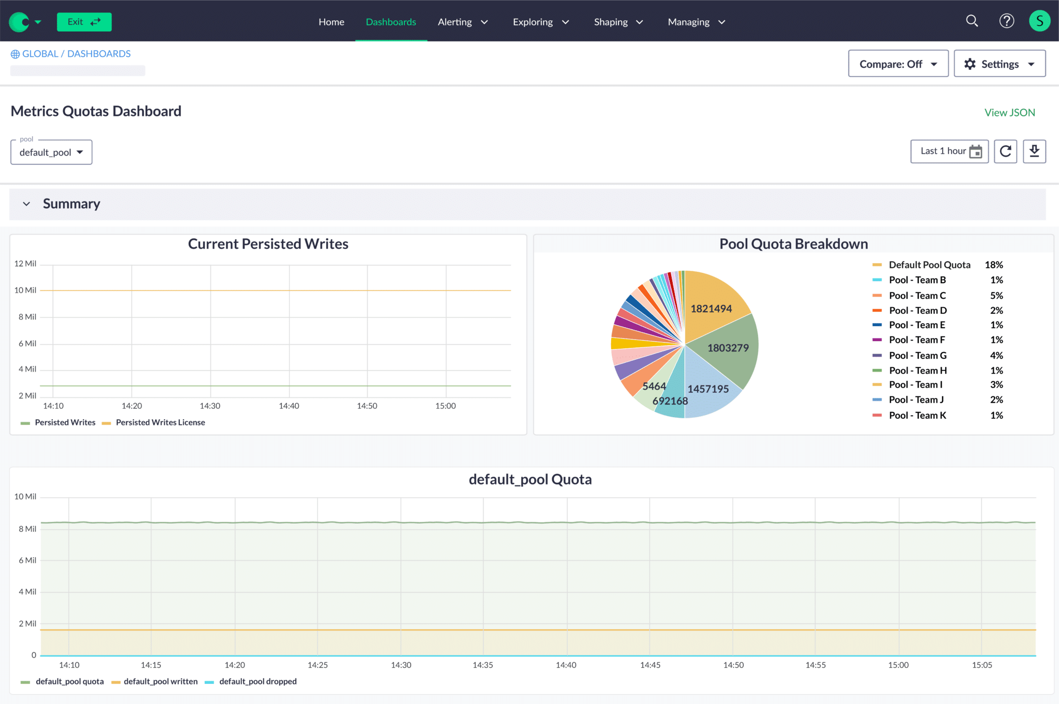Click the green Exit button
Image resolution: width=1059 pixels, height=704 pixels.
(84, 22)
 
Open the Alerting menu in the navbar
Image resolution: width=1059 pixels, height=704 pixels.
(462, 22)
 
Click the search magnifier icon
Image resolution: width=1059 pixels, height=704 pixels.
(972, 21)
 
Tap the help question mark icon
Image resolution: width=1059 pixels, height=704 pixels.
(1006, 21)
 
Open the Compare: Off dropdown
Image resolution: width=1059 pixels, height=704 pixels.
(898, 64)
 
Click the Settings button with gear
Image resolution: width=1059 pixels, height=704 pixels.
(999, 64)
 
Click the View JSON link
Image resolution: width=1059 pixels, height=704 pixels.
(1009, 113)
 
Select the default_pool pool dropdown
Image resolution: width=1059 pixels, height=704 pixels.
(51, 152)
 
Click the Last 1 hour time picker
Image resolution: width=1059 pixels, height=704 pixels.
(949, 151)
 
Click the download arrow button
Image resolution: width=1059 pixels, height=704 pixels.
(1034, 151)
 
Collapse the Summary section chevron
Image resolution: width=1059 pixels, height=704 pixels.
(26, 204)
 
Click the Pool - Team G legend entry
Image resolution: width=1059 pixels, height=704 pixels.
(917, 356)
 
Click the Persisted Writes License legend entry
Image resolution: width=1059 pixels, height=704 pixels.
(160, 423)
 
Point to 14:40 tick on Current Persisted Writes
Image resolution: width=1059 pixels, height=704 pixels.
(289, 406)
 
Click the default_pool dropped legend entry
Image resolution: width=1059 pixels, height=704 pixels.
(258, 682)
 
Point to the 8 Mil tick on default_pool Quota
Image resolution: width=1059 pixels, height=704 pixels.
(27, 529)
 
